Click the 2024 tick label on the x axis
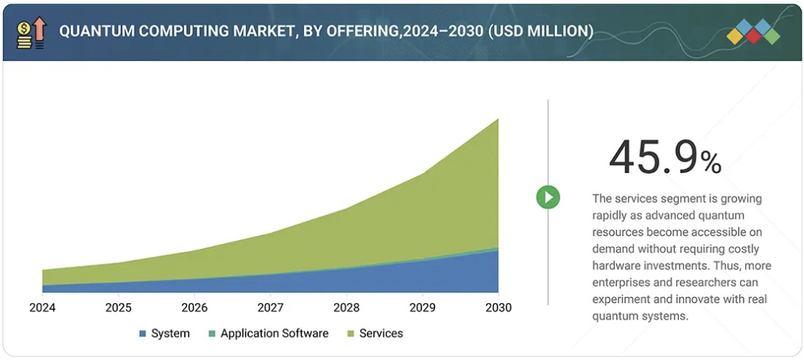(x=43, y=307)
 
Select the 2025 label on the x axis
(x=119, y=307)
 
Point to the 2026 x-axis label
(x=194, y=307)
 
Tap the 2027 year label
(x=270, y=307)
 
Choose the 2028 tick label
(x=346, y=307)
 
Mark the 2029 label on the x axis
(x=422, y=307)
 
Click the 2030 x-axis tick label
(x=498, y=307)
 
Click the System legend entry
(x=170, y=333)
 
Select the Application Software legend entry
(x=274, y=333)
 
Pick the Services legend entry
(x=381, y=333)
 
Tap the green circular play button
(x=548, y=197)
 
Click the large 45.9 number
(x=652, y=158)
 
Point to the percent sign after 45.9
(x=710, y=163)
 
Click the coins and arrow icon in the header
(x=31, y=32)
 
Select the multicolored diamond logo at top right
(x=752, y=32)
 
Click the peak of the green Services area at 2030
(x=498, y=120)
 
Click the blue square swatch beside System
(x=143, y=334)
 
